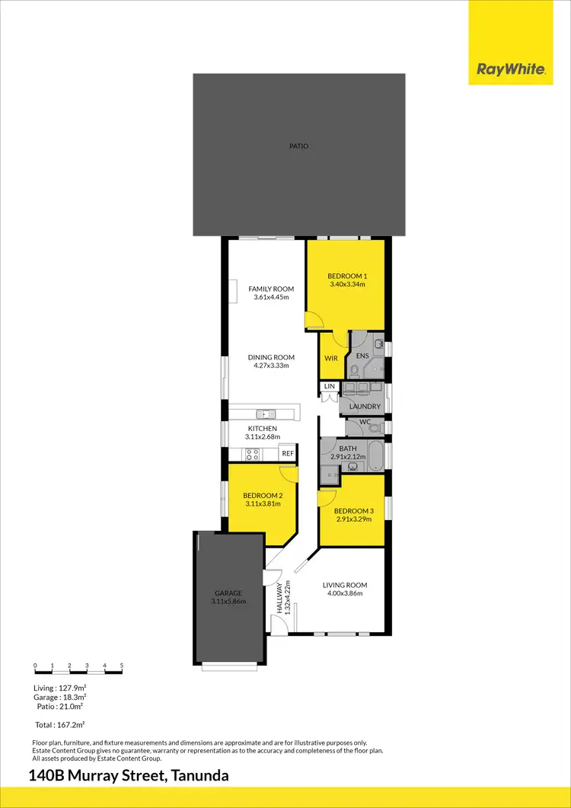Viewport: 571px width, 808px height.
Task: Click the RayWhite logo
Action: pos(511,69)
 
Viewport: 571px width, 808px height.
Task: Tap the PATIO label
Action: pos(298,146)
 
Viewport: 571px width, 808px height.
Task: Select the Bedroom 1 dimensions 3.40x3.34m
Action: pos(347,285)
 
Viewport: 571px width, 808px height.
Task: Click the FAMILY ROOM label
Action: pos(271,289)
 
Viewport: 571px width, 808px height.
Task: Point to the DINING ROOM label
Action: pos(271,357)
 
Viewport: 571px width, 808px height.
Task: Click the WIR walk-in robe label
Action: pos(331,358)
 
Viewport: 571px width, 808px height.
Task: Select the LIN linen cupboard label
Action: pos(329,387)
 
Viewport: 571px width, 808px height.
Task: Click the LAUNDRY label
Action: pos(365,407)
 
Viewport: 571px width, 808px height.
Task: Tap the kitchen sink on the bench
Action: pos(266,414)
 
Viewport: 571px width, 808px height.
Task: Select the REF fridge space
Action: pos(287,454)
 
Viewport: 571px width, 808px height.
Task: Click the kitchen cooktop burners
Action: pos(252,455)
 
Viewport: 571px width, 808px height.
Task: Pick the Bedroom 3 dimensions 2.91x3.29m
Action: pos(353,519)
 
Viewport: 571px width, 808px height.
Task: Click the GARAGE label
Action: pos(228,593)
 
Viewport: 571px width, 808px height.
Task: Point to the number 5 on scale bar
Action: pos(122,666)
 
